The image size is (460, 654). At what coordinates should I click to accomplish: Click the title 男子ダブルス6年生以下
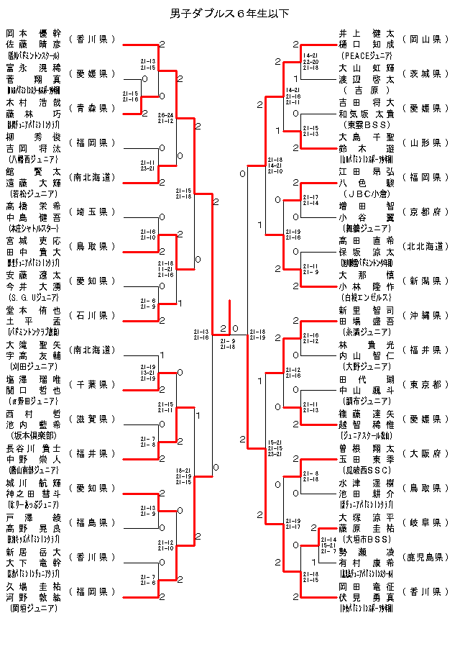[230, 13]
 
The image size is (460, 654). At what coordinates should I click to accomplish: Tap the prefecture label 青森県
[93, 108]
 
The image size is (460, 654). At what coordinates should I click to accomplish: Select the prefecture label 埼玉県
[93, 212]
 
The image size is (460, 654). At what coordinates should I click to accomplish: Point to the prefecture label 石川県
[93, 315]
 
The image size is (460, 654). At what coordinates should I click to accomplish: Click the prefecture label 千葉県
[93, 384]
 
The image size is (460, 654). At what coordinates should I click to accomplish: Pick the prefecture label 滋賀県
[93, 419]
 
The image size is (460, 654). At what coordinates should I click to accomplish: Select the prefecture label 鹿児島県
[426, 557]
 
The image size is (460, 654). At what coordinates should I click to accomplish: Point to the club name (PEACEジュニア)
[367, 55]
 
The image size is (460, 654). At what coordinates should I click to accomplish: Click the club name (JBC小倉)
[367, 193]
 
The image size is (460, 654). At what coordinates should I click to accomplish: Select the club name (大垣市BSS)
[367, 538]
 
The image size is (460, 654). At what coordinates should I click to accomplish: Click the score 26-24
[165, 114]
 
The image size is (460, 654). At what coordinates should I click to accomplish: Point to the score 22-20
[311, 61]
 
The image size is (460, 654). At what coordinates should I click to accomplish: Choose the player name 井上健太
[367, 33]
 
